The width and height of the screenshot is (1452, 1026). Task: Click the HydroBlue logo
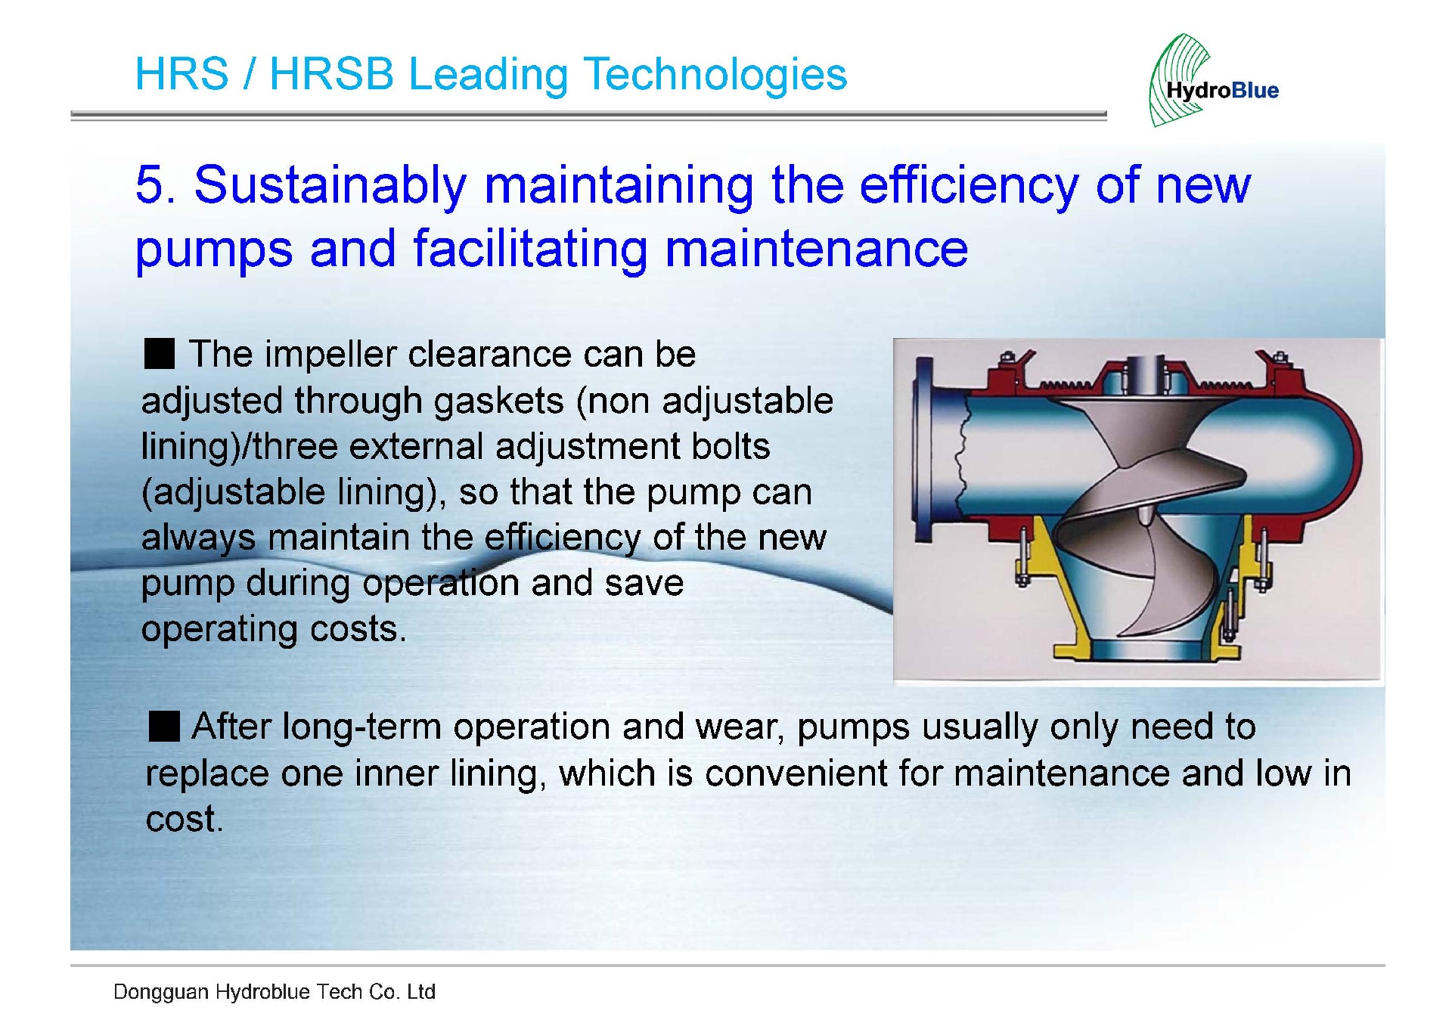1213,80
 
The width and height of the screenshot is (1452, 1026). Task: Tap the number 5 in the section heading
154,185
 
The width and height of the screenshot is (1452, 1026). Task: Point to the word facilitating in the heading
530,250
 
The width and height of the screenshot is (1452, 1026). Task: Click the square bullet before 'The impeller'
160,354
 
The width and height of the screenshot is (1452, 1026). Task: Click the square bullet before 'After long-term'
164,726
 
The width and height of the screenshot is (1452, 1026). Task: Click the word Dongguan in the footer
160,993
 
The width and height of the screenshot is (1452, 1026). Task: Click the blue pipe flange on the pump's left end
924,451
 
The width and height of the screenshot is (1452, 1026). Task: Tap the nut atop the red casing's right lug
1280,357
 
